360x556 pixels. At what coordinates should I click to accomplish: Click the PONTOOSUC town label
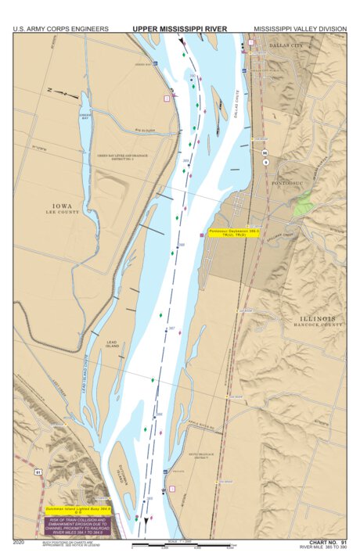pos(292,178)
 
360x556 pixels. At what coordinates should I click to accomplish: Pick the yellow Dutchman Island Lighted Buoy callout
pos(79,510)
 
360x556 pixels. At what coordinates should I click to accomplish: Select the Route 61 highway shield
pos(38,472)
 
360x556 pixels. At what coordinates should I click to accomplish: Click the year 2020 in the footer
pos(20,541)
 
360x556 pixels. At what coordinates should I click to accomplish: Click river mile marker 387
pos(171,328)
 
